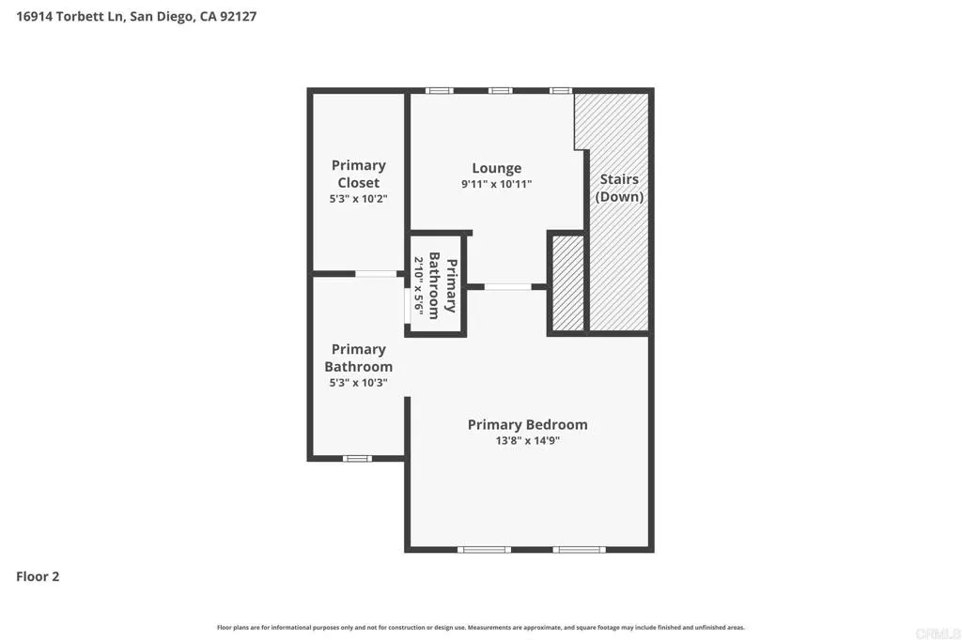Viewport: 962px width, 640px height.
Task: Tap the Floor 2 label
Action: point(38,577)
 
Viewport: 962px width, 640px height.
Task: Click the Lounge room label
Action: point(496,168)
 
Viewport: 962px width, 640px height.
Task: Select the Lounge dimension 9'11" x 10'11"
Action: point(496,185)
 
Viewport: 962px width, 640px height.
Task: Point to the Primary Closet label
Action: point(359,174)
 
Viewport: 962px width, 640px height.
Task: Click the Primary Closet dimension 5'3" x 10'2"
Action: point(359,199)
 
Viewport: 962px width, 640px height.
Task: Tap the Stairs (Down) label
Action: point(619,188)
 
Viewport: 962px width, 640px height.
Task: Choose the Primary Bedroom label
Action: point(527,424)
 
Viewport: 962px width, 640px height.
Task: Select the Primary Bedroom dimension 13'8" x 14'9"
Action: point(527,441)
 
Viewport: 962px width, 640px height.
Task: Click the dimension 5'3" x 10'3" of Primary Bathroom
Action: point(359,383)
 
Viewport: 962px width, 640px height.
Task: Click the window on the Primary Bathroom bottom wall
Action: point(357,458)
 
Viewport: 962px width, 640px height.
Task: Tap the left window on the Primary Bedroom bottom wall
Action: point(484,549)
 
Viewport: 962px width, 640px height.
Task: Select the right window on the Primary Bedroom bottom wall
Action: point(579,549)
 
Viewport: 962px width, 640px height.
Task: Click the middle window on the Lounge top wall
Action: point(500,90)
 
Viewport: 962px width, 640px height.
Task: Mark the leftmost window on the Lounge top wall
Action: point(439,90)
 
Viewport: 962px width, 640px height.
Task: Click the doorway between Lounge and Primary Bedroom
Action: point(507,286)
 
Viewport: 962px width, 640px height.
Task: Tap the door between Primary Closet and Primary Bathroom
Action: point(376,273)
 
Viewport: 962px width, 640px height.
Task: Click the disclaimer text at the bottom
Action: point(481,627)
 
